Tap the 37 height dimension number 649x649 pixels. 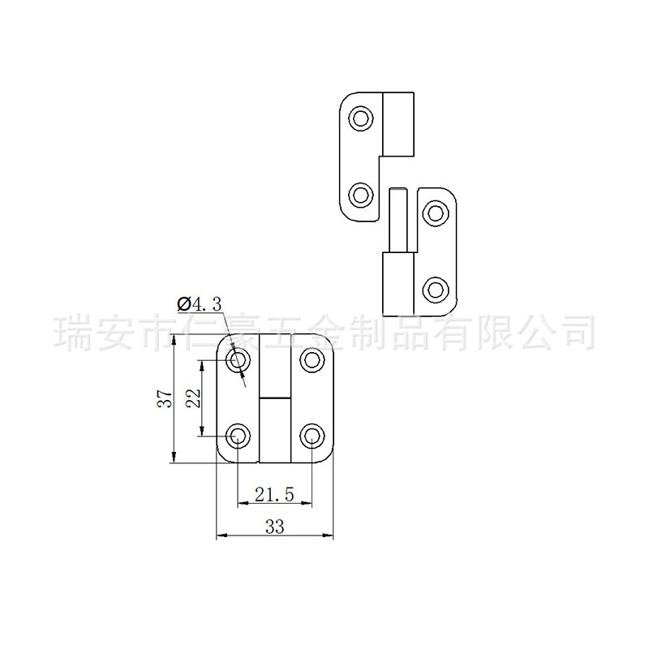coord(164,398)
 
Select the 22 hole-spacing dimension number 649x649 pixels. coord(193,398)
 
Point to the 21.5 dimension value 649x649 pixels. coord(273,493)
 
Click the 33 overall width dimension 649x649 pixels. coord(275,527)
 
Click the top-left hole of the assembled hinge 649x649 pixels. coord(239,361)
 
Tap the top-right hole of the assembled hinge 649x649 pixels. coord(312,359)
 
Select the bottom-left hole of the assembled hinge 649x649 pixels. coord(239,436)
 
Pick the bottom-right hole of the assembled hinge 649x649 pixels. coord(312,436)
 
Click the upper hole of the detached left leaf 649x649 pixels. coord(360,120)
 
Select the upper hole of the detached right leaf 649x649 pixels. coord(436,213)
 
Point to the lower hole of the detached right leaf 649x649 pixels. coord(436,289)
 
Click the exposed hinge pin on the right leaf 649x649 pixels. coord(398,219)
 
